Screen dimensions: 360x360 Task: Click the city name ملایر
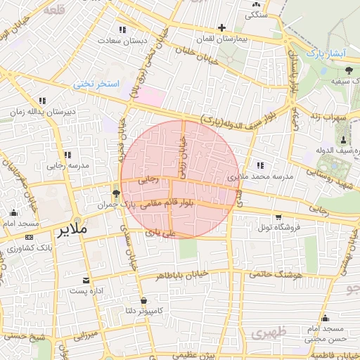[72, 230]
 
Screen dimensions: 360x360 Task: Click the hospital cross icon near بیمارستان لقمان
[222, 28]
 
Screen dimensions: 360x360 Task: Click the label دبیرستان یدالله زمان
[42, 112]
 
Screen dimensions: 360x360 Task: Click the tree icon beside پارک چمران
[116, 193]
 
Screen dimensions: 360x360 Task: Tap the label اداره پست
[86, 290]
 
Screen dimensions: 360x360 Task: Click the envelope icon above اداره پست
[86, 280]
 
